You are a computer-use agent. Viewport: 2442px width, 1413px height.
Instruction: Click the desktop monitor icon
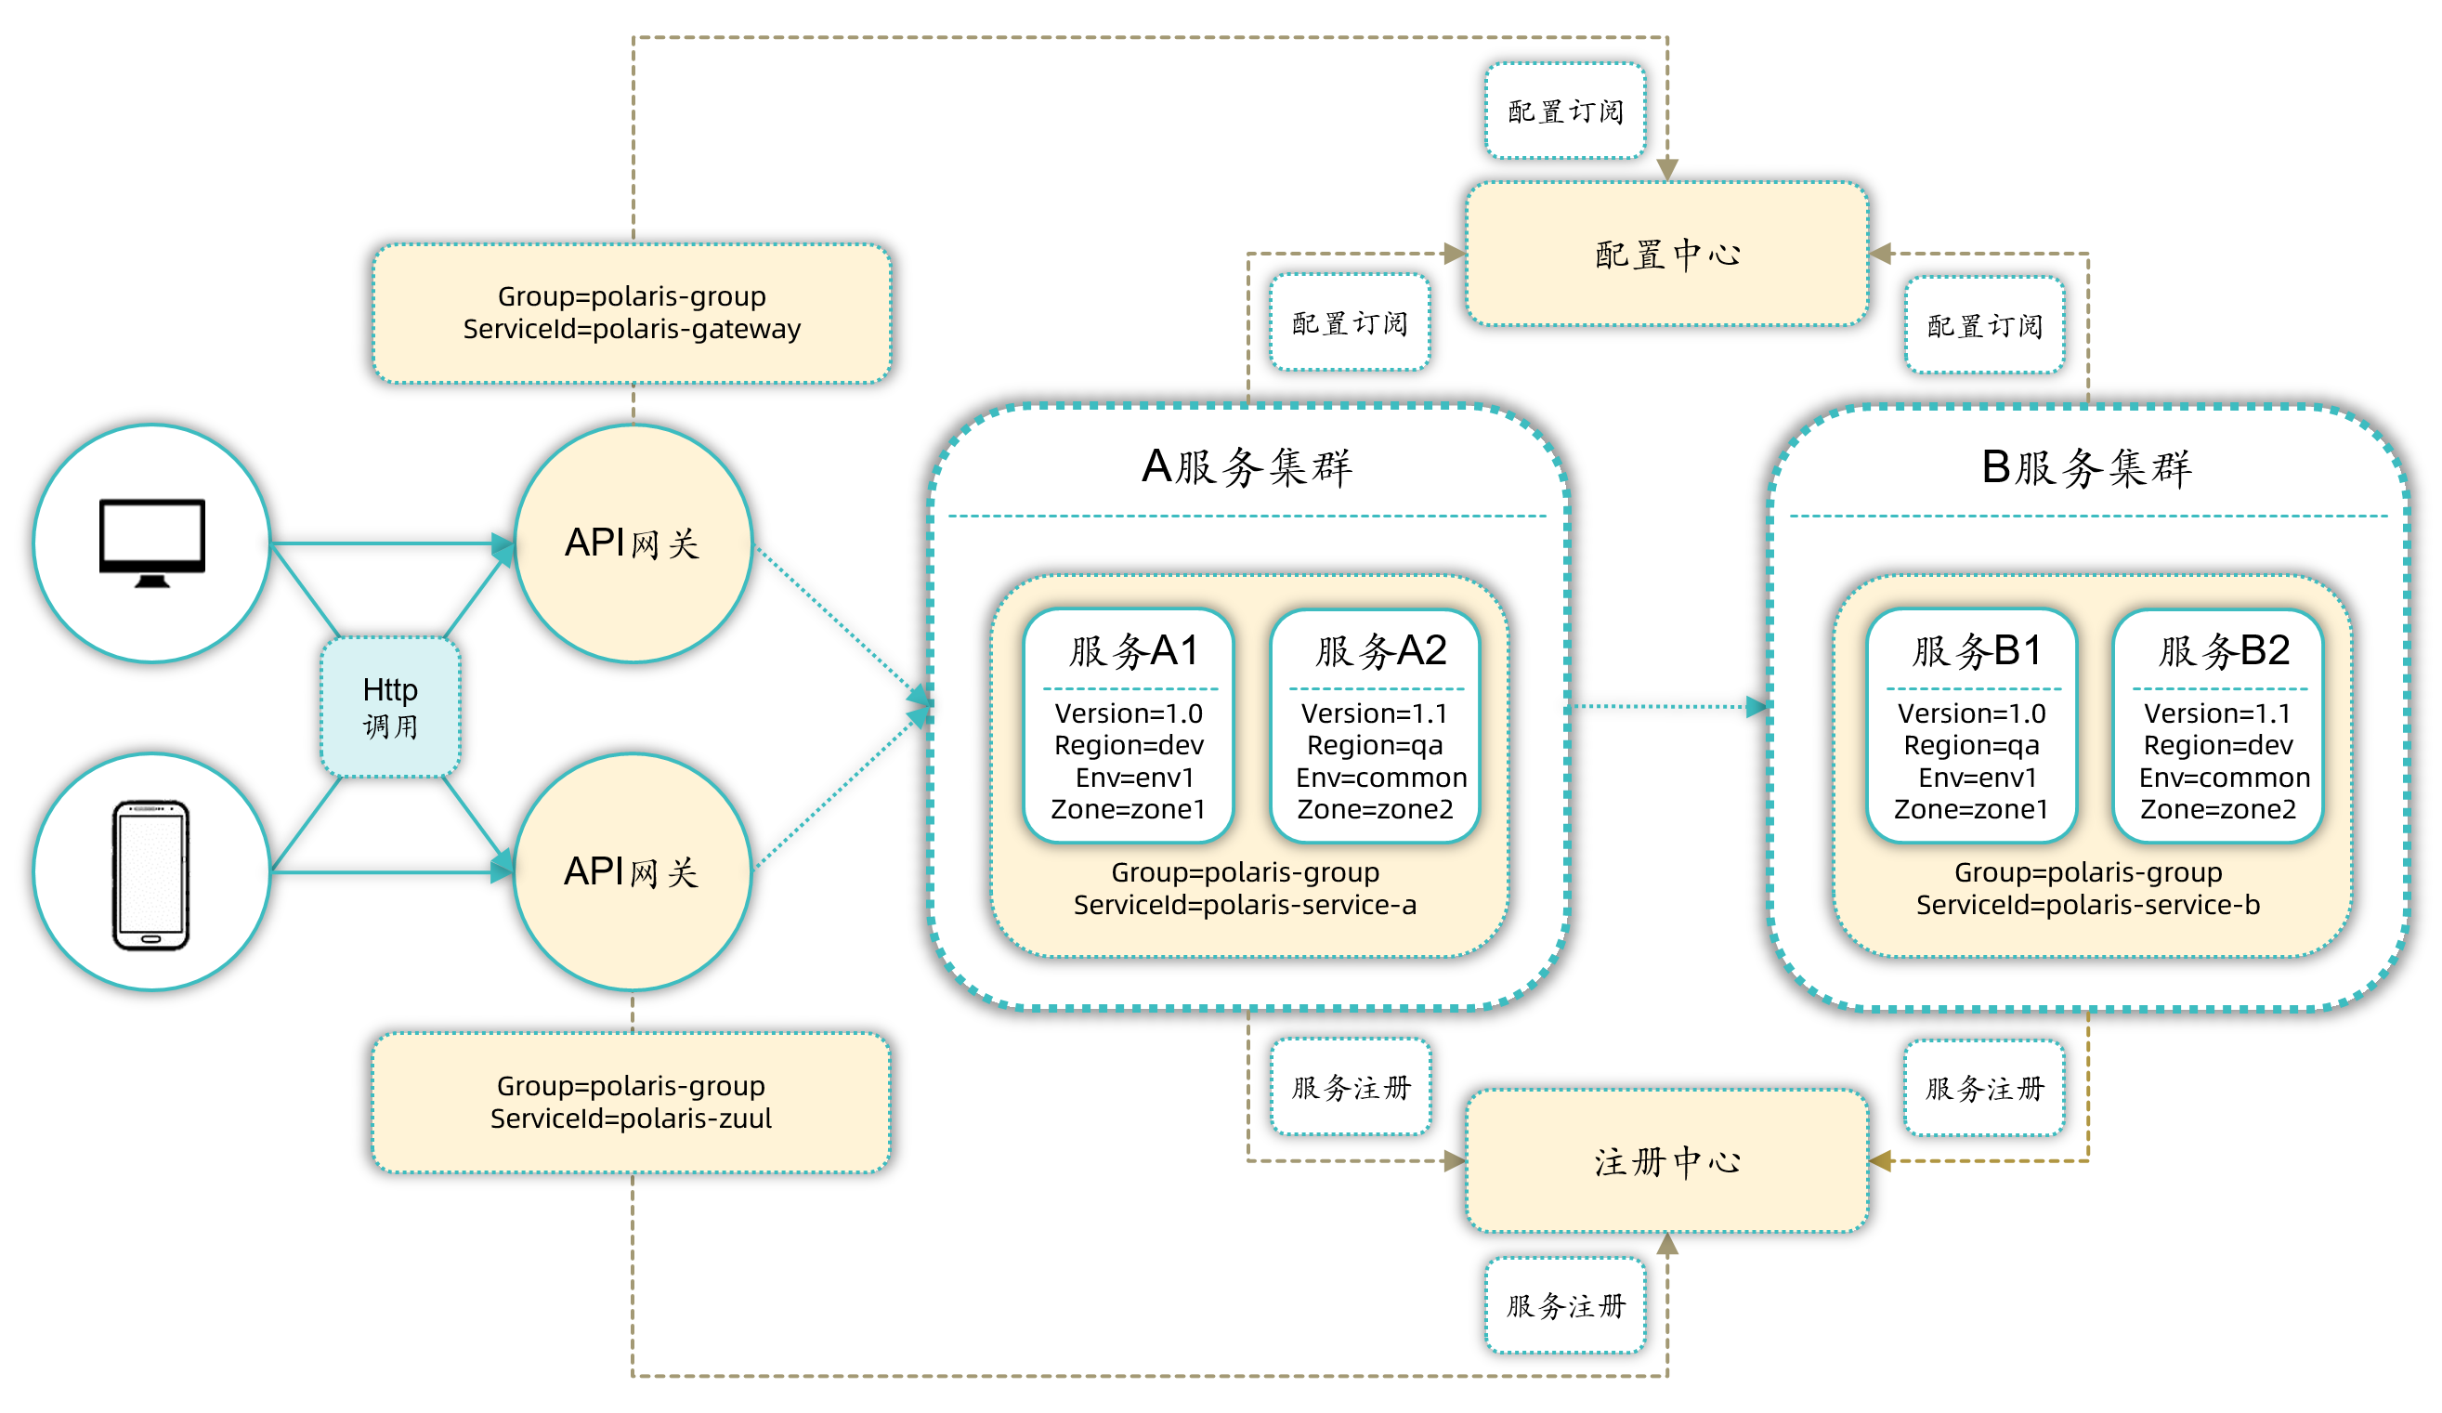point(152,542)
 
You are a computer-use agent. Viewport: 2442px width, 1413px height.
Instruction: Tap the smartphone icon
point(151,874)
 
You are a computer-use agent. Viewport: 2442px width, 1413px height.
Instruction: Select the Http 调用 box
point(390,706)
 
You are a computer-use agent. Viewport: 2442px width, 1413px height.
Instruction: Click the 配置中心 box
point(1666,254)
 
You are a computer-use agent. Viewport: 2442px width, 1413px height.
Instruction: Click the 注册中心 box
point(1666,1161)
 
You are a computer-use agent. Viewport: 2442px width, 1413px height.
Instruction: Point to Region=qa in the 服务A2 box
point(1375,745)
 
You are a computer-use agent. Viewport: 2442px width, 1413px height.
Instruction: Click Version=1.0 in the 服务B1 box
point(1972,713)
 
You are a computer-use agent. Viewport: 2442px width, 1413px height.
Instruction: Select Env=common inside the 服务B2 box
point(2224,778)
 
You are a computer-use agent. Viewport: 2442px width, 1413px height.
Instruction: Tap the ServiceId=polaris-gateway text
point(632,329)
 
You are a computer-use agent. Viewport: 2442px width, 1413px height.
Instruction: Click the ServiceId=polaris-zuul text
point(631,1119)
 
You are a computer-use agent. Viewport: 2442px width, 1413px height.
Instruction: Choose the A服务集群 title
point(1247,467)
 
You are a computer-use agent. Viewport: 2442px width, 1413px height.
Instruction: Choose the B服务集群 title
point(2086,467)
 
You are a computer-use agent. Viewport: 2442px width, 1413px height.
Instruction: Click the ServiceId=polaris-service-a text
point(1246,904)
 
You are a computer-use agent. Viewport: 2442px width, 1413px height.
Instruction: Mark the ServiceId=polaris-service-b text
point(2088,904)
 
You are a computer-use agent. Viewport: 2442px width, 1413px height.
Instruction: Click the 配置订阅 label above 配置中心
point(1565,111)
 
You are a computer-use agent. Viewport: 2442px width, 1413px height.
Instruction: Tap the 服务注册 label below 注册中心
point(1565,1305)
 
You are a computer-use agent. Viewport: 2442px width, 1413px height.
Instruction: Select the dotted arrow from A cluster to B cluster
point(1666,706)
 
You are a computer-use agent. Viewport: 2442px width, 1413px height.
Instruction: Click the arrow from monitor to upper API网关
point(387,543)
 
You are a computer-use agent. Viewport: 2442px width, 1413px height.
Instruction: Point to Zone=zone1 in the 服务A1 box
point(1128,809)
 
